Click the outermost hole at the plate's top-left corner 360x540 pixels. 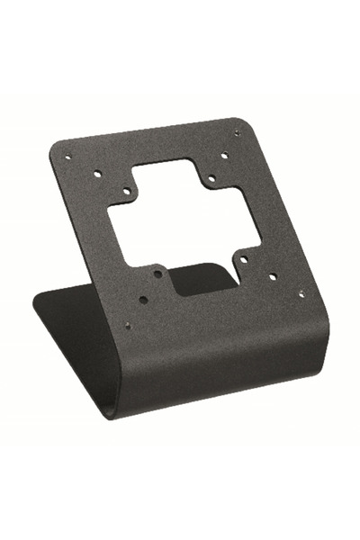pos(68,157)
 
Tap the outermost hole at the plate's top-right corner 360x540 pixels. pos(238,132)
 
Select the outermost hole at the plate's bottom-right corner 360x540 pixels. pos(301,292)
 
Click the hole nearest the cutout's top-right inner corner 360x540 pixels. pos(211,178)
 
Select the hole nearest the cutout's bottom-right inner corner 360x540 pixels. pos(243,259)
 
